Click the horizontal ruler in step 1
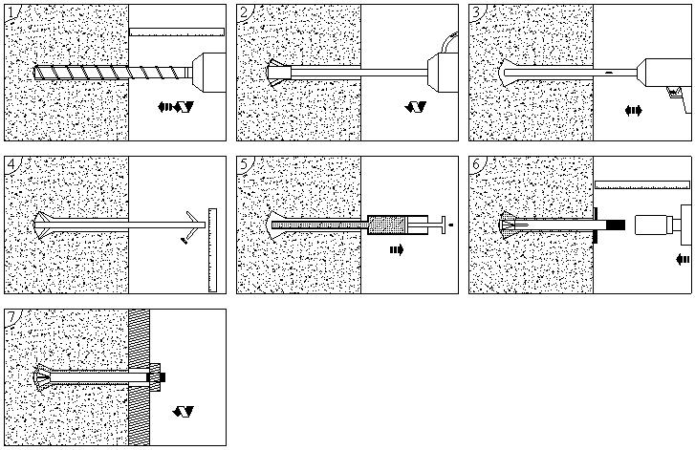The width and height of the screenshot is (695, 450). [x=176, y=32]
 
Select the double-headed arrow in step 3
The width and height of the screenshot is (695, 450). [x=633, y=111]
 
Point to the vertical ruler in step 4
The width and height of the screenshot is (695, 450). [x=212, y=249]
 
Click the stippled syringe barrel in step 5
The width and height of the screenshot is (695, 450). [x=389, y=225]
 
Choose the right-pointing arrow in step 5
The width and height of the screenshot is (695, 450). [x=396, y=250]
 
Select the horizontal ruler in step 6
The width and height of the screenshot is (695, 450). [x=641, y=183]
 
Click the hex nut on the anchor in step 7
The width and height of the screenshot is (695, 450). [x=157, y=377]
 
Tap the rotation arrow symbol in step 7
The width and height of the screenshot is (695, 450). [x=184, y=412]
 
